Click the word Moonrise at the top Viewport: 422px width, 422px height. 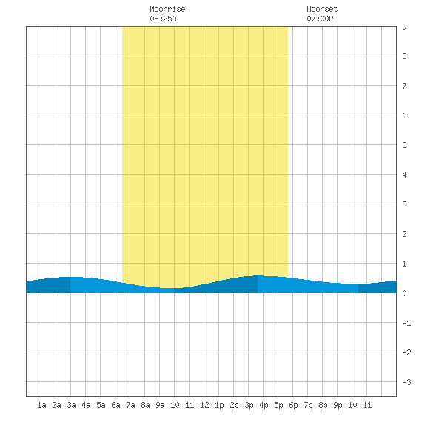(167, 9)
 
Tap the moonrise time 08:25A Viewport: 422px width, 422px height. (163, 19)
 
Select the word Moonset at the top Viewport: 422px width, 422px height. (322, 9)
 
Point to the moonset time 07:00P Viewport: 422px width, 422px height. (320, 19)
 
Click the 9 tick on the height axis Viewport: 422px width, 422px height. (404, 27)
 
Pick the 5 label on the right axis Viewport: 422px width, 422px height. (404, 145)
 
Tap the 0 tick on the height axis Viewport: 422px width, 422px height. (404, 293)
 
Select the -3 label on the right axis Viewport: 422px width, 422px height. (406, 382)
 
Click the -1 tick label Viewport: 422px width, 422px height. (406, 323)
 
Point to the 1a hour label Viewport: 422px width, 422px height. (41, 405)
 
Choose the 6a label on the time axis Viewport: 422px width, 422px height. (115, 405)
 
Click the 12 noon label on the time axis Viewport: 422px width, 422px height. (204, 405)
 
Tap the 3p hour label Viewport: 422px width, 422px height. (249, 405)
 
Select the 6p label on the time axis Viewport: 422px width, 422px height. (293, 405)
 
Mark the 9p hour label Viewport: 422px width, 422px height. (338, 405)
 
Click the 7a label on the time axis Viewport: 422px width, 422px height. (130, 405)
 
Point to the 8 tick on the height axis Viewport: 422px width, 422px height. (404, 56)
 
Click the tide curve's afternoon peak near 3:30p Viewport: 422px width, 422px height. (258, 275)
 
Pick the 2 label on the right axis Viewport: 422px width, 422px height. (404, 234)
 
